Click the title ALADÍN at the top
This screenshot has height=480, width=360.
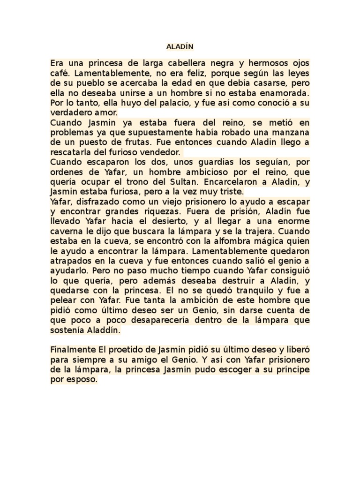pos(180,47)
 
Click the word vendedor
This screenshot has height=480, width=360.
pos(158,153)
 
